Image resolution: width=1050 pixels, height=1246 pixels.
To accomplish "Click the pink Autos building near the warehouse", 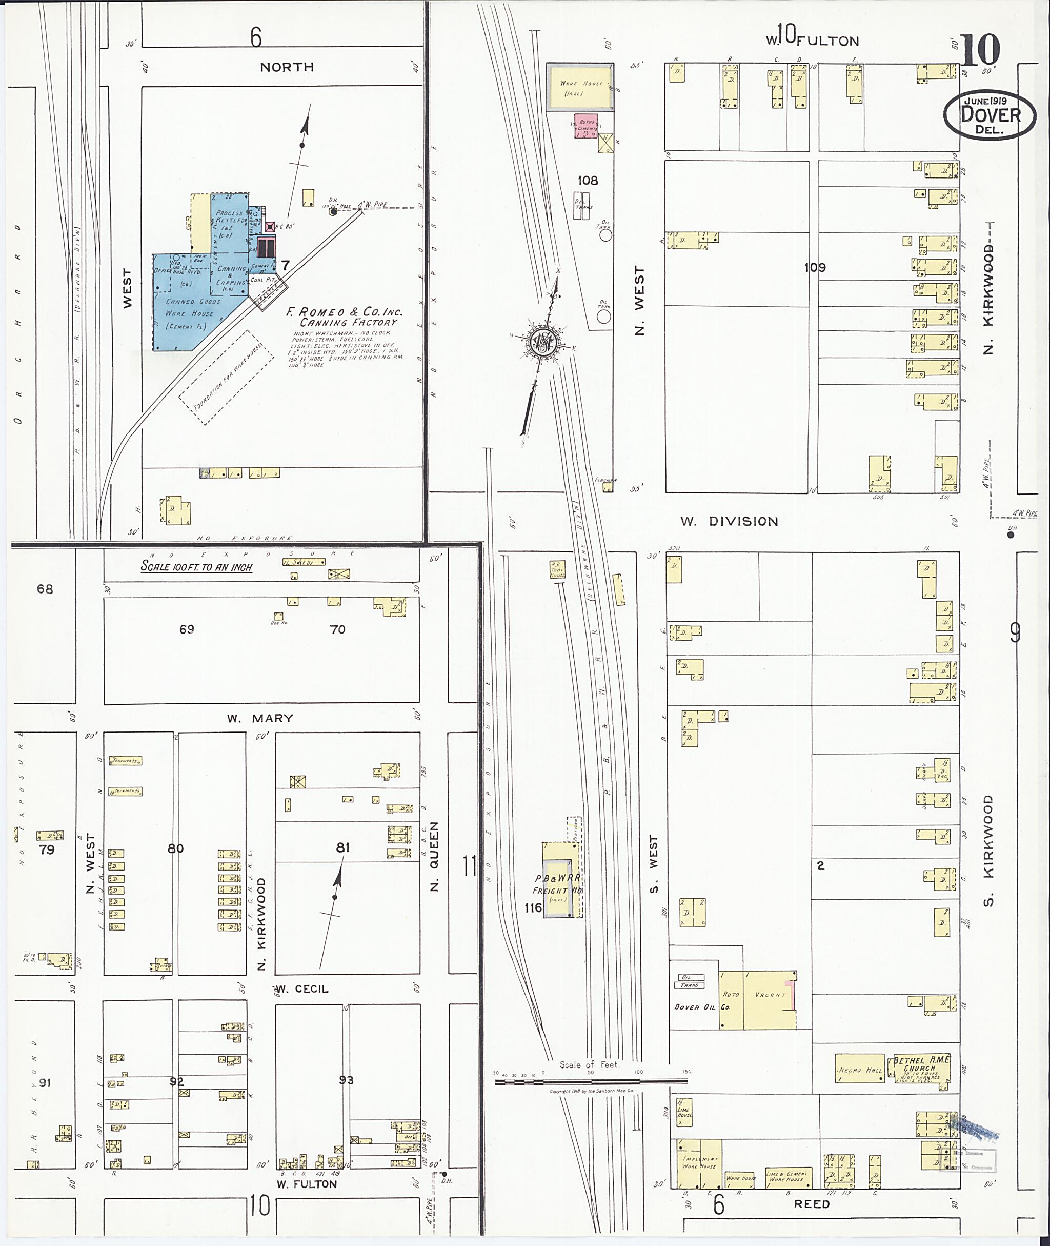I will [585, 126].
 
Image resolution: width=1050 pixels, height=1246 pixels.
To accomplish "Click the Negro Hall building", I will [859, 1069].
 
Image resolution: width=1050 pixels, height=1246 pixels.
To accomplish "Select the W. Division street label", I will [729, 522].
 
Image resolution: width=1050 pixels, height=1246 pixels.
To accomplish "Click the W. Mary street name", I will [259, 718].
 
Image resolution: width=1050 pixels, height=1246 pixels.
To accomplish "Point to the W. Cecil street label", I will [302, 990].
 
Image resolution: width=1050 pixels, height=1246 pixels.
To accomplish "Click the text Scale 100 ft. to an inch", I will [196, 566].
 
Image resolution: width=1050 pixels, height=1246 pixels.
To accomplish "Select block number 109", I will [815, 267].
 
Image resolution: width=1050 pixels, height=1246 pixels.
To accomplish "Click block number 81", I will [342, 847].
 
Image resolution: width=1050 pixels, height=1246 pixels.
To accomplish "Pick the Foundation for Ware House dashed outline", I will [226, 378].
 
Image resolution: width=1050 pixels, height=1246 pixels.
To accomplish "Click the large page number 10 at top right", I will [979, 51].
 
